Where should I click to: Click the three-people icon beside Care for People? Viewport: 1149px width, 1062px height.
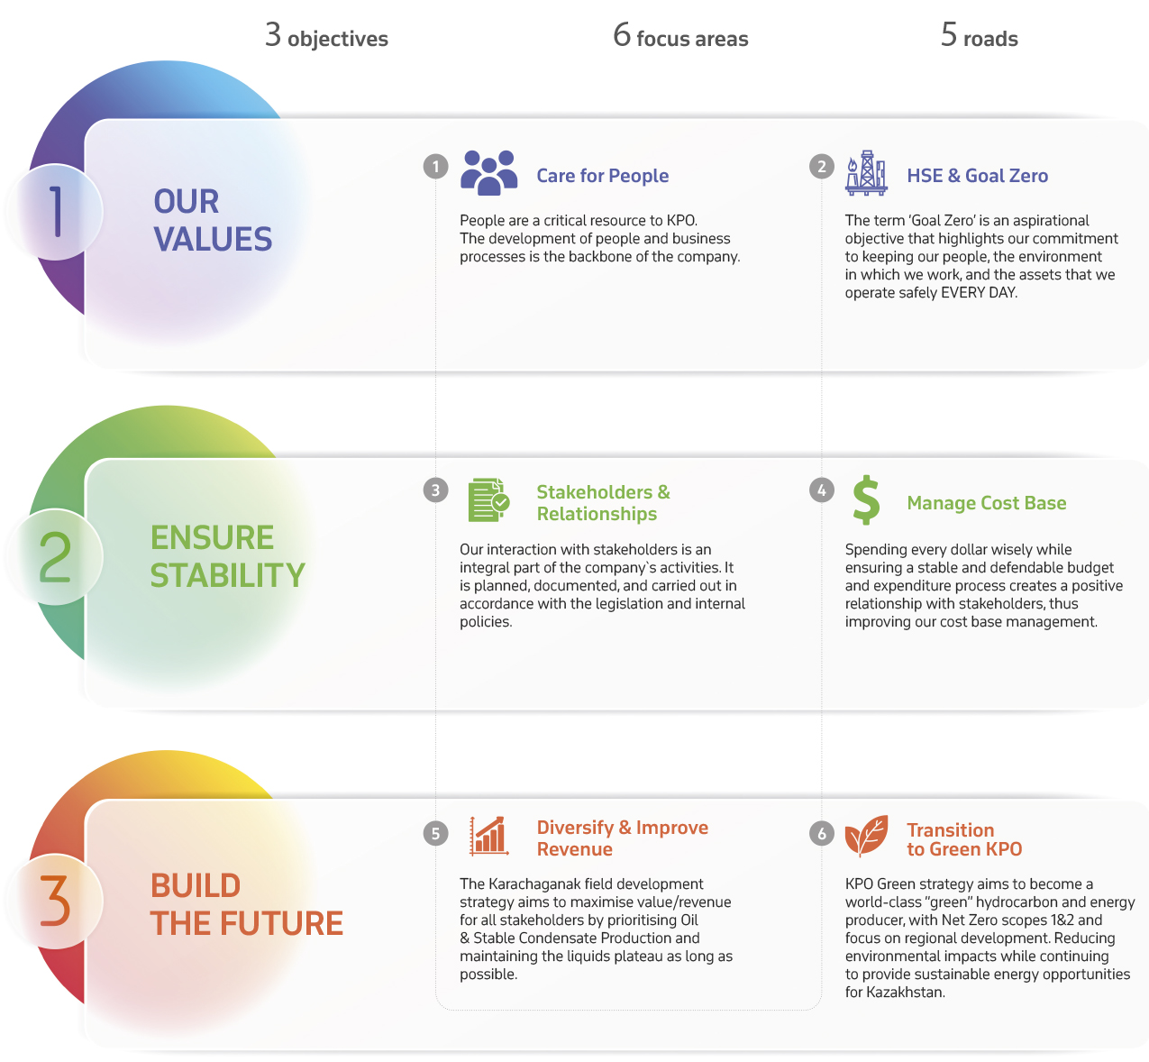tap(488, 172)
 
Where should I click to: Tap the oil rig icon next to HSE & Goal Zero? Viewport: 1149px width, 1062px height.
tap(865, 172)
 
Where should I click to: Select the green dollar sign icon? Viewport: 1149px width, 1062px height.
tap(866, 500)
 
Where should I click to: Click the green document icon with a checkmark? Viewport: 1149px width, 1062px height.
tap(488, 499)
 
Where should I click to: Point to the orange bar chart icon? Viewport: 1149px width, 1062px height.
tap(488, 836)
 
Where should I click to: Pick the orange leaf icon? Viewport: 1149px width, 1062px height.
tap(866, 836)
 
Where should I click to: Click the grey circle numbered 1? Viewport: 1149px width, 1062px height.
tap(435, 167)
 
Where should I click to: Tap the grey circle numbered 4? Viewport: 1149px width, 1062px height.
tap(822, 490)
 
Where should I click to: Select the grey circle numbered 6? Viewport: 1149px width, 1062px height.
tap(822, 834)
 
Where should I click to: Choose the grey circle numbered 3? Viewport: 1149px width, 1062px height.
tap(435, 490)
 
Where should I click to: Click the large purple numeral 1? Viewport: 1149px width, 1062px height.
tap(56, 211)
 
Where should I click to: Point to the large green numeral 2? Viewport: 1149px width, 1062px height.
tap(55, 556)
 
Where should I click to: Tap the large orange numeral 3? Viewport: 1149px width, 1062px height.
tap(55, 901)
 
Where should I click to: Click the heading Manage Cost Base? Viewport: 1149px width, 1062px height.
tap(987, 503)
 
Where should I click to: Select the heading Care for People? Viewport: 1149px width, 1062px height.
tap(602, 176)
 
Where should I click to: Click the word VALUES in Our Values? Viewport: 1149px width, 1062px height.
tap(213, 239)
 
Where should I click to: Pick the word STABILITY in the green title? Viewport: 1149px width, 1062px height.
tap(227, 575)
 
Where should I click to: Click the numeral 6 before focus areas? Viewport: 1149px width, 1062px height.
tap(622, 34)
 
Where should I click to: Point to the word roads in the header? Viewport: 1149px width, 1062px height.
tap(990, 39)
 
